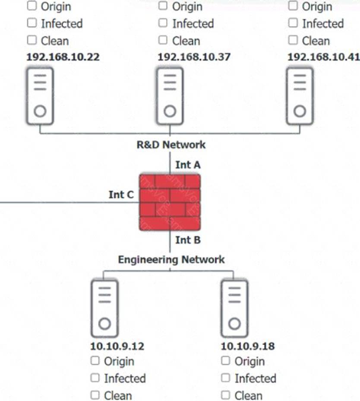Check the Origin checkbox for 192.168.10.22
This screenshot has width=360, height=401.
(x=32, y=6)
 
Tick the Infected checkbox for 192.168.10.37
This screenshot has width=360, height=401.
(x=163, y=23)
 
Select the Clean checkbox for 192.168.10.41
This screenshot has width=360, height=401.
(x=293, y=40)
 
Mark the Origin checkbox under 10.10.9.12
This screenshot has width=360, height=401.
(x=95, y=360)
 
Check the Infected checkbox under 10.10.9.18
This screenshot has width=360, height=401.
(x=226, y=378)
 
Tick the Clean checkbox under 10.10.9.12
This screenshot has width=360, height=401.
(x=95, y=395)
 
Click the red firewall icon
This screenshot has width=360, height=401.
(x=170, y=202)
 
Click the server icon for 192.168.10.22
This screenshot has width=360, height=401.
(x=40, y=96)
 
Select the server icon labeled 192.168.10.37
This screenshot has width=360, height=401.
(x=170, y=96)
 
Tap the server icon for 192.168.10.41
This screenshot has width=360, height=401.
(x=300, y=96)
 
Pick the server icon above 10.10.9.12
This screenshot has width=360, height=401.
(x=104, y=308)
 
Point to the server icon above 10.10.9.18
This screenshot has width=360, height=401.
(x=234, y=308)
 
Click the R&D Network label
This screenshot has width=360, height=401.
(x=171, y=145)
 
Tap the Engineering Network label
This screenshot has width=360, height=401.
(x=171, y=259)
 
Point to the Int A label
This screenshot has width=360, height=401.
(x=188, y=164)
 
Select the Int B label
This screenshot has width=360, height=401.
(x=188, y=240)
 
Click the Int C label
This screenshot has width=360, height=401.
(x=121, y=195)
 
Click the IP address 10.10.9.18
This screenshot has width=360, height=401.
(x=247, y=346)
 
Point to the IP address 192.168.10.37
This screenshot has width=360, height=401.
(x=194, y=57)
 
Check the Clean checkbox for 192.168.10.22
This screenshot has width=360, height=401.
(x=32, y=40)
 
